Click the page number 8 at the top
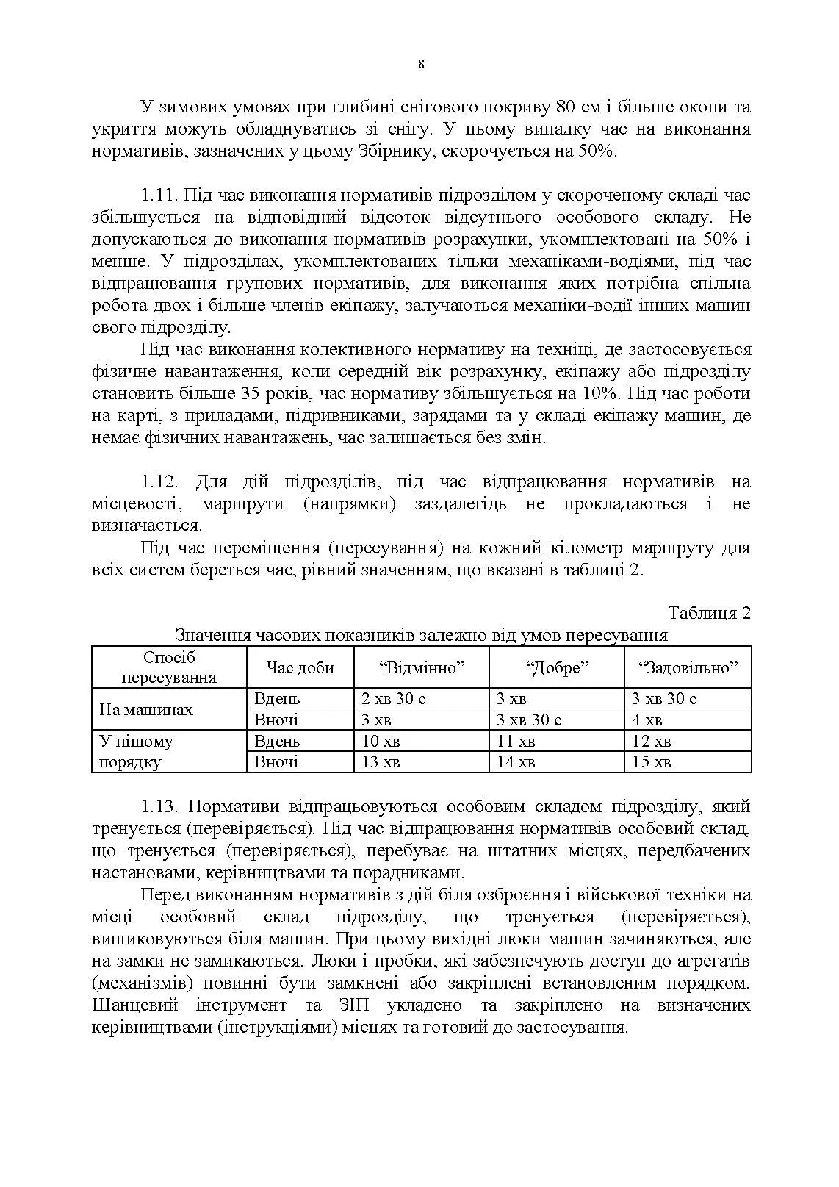[x=420, y=64]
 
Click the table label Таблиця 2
[x=709, y=613]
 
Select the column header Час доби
[x=300, y=667]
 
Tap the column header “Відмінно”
[x=422, y=667]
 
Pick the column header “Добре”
[x=558, y=667]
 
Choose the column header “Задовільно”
[x=688, y=667]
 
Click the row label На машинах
[x=145, y=709]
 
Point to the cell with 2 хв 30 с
[x=394, y=698]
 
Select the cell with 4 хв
[x=647, y=720]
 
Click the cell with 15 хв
[x=652, y=761]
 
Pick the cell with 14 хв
[x=516, y=761]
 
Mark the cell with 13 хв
[x=381, y=761]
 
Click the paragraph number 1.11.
[x=159, y=196]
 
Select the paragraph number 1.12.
[x=159, y=482]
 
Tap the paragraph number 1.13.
[x=159, y=806]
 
